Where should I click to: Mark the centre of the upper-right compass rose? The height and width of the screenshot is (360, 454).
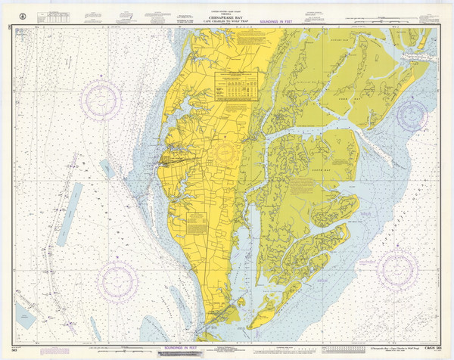[x=412, y=116]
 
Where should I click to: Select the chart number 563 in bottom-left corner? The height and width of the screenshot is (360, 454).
[x=13, y=350]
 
